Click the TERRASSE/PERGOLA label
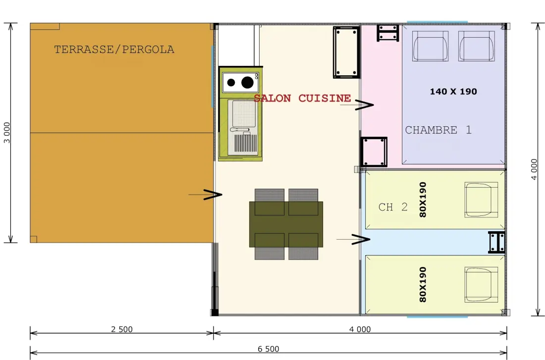(114, 50)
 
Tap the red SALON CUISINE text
(302, 99)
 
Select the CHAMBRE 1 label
(438, 130)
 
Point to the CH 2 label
(393, 207)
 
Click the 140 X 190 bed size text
(453, 92)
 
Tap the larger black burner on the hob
(247, 82)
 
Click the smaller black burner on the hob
(231, 83)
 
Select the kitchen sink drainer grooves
(245, 143)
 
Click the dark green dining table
(286, 224)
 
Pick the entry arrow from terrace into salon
(206, 195)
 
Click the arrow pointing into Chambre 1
(357, 104)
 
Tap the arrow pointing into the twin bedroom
(353, 239)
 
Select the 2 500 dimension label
(122, 329)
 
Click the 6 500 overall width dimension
(269, 349)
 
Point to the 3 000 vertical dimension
(7, 132)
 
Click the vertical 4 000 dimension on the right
(534, 169)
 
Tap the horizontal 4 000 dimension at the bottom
(360, 329)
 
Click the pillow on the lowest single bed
(481, 285)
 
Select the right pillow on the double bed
(477, 46)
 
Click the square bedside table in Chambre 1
(374, 152)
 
